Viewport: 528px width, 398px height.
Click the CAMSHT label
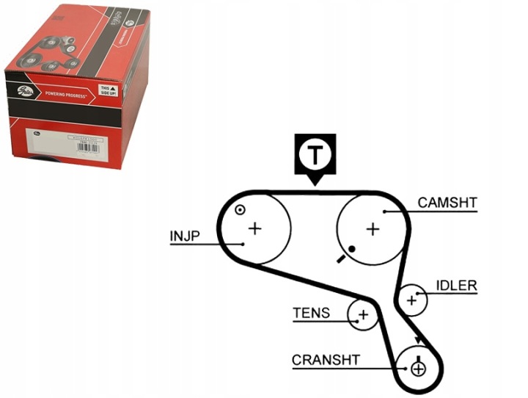click(447, 203)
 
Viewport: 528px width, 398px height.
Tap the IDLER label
click(456, 285)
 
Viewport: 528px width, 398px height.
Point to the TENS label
click(311, 313)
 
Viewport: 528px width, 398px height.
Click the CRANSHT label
click(326, 360)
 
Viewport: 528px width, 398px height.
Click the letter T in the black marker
click(315, 154)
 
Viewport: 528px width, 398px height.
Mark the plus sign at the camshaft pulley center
click(373, 229)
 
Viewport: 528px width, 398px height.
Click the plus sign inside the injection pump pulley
click(254, 228)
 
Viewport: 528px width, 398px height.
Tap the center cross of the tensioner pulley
click(362, 316)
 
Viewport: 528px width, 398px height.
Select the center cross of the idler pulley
click(412, 299)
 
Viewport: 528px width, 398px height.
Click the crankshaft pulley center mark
click(418, 368)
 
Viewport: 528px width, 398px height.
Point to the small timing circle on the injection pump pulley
click(239, 211)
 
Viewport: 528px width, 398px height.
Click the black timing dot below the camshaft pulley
click(353, 250)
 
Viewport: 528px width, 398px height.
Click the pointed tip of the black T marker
click(315, 184)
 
